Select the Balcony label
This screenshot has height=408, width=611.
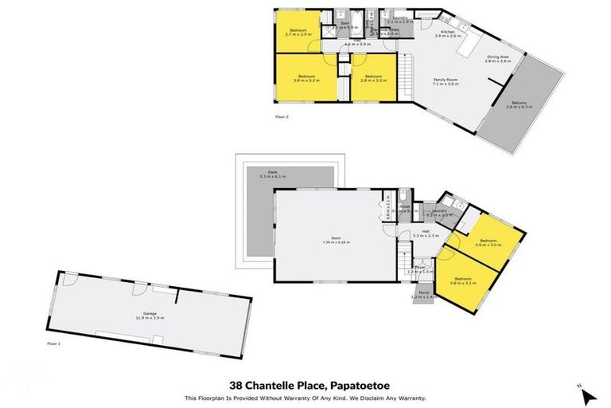click(x=520, y=104)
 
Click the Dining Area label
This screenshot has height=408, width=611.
click(x=498, y=58)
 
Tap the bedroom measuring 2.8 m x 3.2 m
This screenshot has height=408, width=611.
click(x=372, y=78)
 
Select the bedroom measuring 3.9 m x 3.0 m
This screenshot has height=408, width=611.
click(x=488, y=242)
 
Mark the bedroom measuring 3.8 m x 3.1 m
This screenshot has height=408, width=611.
click(x=464, y=280)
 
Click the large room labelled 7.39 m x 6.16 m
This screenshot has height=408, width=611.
click(x=336, y=240)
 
